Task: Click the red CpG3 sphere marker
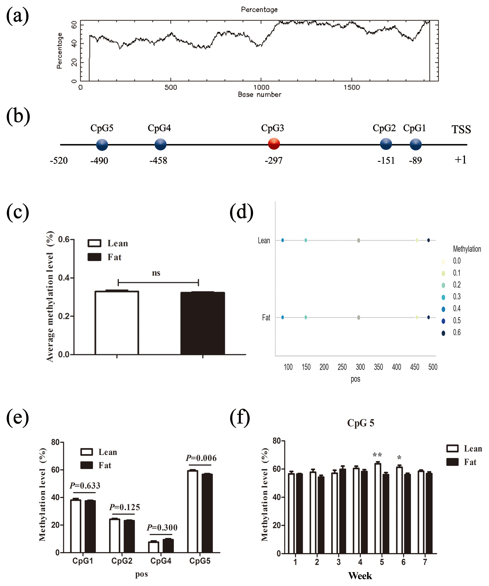click(x=274, y=144)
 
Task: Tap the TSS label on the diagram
click(x=461, y=130)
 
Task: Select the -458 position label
click(x=158, y=161)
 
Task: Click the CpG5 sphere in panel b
click(x=102, y=145)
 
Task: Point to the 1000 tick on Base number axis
click(x=261, y=87)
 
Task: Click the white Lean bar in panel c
click(x=117, y=323)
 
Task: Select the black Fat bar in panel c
click(x=203, y=323)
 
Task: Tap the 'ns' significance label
click(x=156, y=273)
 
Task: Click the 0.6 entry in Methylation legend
click(x=457, y=332)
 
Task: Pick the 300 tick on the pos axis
click(x=360, y=367)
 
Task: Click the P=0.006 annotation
click(x=201, y=458)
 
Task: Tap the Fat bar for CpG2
click(x=129, y=536)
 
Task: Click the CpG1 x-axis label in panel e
click(x=82, y=561)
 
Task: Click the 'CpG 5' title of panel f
click(x=360, y=423)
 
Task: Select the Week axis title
click(x=360, y=576)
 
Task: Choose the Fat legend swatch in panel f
click(x=452, y=462)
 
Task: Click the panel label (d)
click(x=241, y=212)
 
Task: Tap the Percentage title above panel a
click(x=259, y=9)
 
